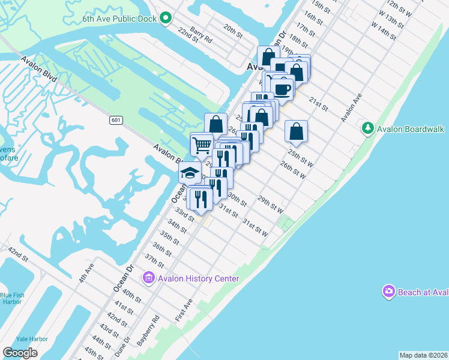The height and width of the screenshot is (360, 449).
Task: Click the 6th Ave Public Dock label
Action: [119, 19]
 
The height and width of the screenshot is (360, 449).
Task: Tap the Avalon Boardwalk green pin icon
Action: [367, 128]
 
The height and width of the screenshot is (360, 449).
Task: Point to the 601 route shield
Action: [116, 121]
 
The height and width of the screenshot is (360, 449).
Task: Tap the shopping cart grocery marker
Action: [202, 144]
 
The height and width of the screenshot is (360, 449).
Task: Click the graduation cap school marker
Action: [190, 173]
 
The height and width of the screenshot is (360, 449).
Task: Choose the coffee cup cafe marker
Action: [282, 89]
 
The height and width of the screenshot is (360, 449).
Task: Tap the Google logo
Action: [20, 352]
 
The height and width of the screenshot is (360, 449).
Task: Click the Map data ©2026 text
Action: [424, 355]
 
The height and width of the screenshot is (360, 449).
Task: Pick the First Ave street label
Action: [184, 310]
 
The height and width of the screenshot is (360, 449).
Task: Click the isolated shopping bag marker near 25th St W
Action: [296, 131]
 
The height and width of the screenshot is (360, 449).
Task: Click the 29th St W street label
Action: [270, 203]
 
